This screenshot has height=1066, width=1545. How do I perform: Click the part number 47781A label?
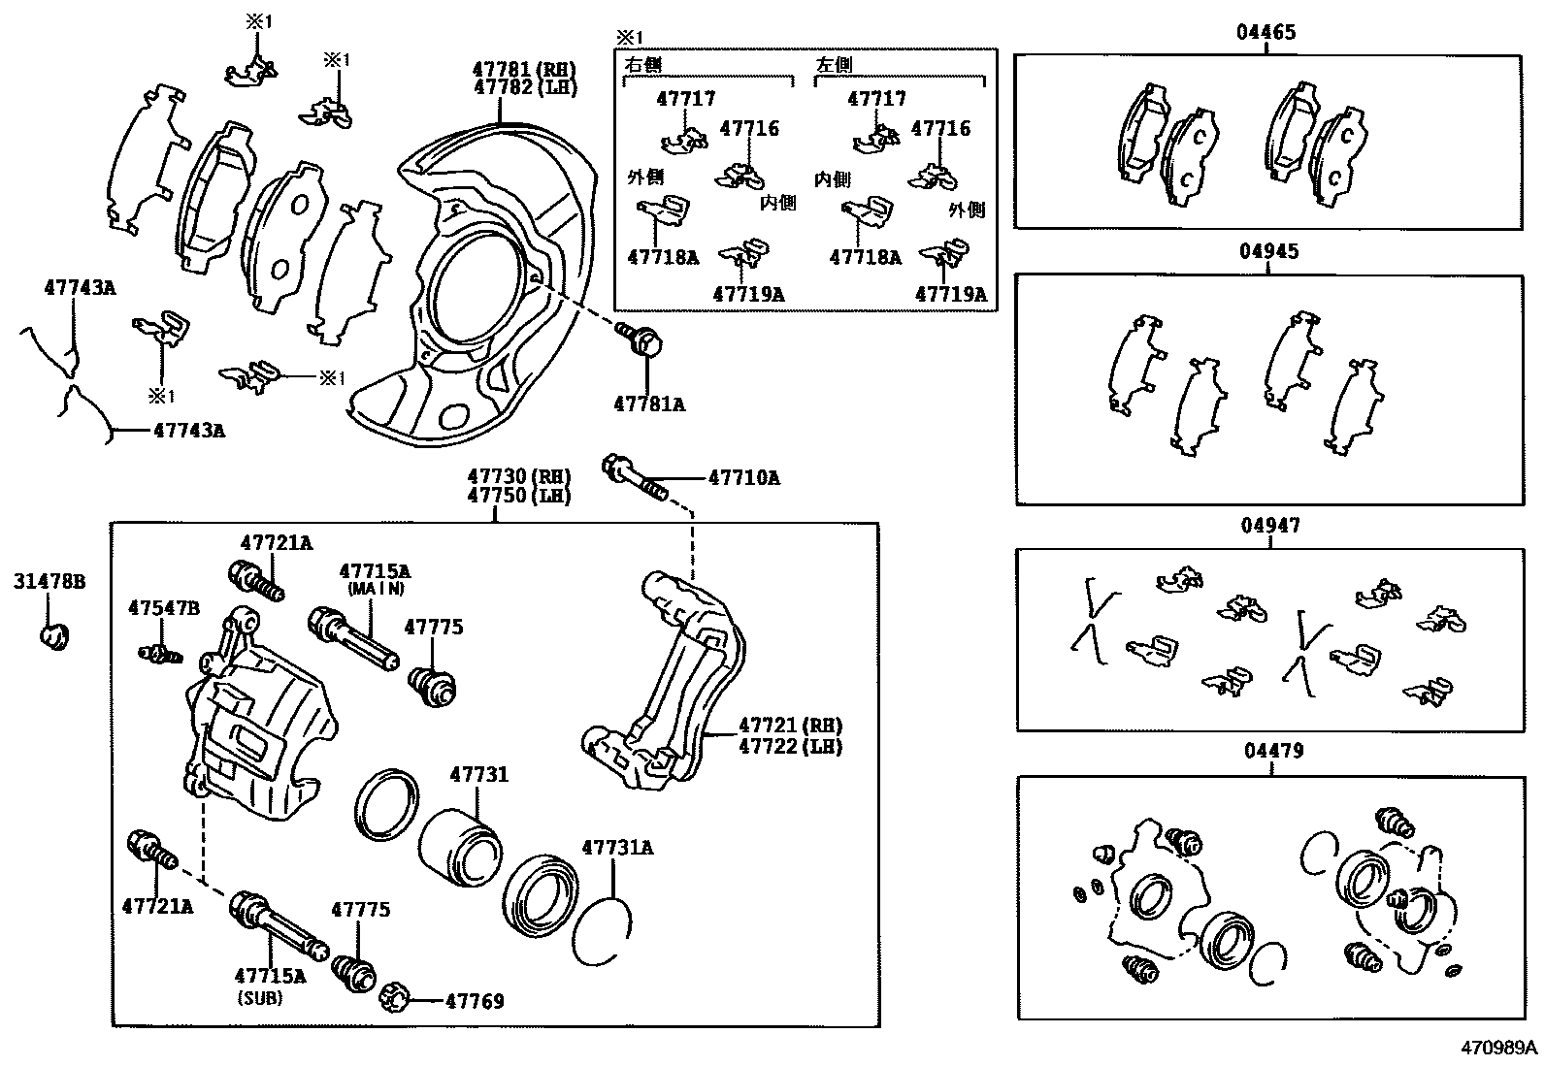coord(648,404)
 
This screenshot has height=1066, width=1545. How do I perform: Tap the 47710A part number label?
coord(743,477)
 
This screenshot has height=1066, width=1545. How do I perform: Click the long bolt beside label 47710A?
coord(634,478)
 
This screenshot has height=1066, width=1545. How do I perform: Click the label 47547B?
coord(164,608)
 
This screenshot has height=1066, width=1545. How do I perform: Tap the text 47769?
coord(475,1001)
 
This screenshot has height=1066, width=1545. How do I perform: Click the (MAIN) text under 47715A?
coord(374,589)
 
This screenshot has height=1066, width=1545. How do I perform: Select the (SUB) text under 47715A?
coord(259,997)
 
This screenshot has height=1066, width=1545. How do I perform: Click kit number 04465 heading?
coord(1266,32)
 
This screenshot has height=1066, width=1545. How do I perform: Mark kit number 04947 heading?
coord(1269,526)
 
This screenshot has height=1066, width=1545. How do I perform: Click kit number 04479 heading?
coord(1271,751)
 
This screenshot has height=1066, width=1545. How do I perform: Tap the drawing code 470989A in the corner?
coord(1499,1048)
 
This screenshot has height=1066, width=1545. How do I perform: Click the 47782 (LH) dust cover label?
coord(524,87)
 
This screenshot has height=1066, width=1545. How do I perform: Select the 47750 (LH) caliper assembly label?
coord(518,495)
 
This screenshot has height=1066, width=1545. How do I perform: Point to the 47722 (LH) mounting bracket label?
coord(790,746)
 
